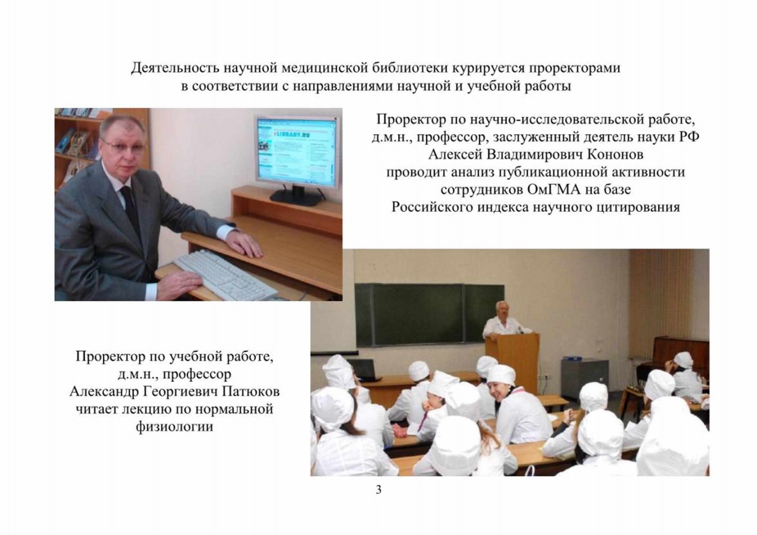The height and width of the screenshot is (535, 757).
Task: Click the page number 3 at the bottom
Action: [x=378, y=490]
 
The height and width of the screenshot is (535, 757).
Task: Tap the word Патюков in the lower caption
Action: [x=251, y=392]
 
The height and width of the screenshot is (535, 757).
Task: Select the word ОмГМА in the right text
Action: [x=553, y=189]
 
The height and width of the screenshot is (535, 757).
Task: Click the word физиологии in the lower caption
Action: [x=174, y=427]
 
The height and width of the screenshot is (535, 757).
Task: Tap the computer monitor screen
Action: [x=297, y=151]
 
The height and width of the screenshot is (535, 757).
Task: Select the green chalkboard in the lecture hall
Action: [x=430, y=315]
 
